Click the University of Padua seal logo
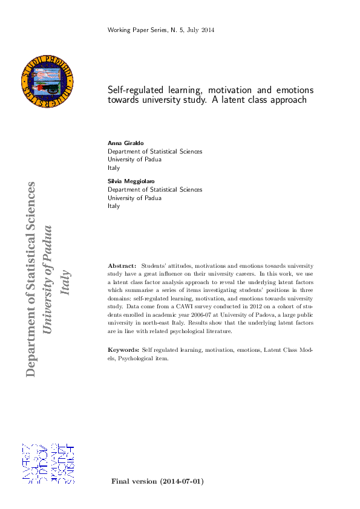click(47, 80)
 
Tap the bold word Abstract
click(122, 265)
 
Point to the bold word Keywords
click(123, 350)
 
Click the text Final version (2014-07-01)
click(157, 481)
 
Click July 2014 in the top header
click(201, 30)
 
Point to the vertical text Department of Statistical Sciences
click(31, 278)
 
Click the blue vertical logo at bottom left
click(47, 463)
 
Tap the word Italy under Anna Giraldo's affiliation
click(114, 168)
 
